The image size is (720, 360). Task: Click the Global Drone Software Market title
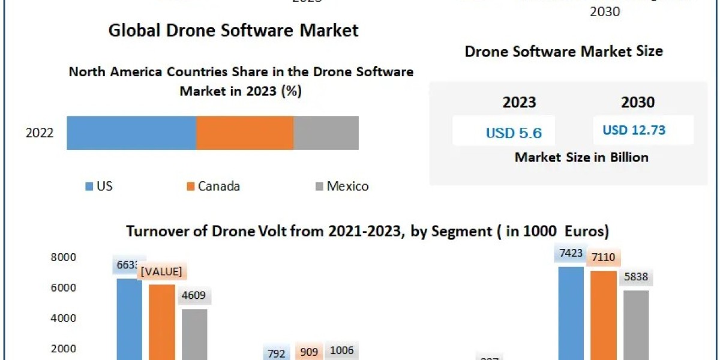(x=233, y=31)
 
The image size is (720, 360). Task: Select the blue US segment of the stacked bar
(x=131, y=133)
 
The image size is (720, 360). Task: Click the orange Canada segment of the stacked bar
(x=245, y=133)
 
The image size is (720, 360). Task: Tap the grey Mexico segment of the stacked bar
(x=326, y=133)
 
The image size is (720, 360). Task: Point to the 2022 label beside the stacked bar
(x=40, y=133)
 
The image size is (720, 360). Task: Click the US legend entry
(x=99, y=186)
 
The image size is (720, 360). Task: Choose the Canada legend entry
(x=213, y=186)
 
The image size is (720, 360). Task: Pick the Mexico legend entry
(x=341, y=186)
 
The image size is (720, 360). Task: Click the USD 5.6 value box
(x=509, y=133)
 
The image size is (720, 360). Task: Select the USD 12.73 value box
(x=634, y=130)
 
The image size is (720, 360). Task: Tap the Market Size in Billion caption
(x=581, y=157)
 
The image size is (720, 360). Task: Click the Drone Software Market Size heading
(x=563, y=51)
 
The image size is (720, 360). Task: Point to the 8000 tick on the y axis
(x=64, y=257)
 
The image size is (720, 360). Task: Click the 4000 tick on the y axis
(x=64, y=318)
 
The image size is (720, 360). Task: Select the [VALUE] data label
(x=161, y=271)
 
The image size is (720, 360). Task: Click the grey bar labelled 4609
(x=194, y=333)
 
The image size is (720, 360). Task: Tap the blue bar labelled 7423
(x=571, y=312)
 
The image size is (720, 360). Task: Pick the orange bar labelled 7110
(x=603, y=315)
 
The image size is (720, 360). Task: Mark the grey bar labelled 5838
(x=636, y=324)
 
